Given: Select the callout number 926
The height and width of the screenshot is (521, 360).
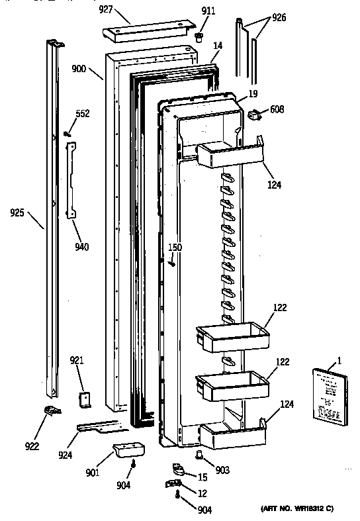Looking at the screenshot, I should coord(279,17).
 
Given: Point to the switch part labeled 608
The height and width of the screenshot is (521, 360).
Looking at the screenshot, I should coord(253,116).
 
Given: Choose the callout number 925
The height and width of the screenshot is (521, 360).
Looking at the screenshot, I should coord(19,214).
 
